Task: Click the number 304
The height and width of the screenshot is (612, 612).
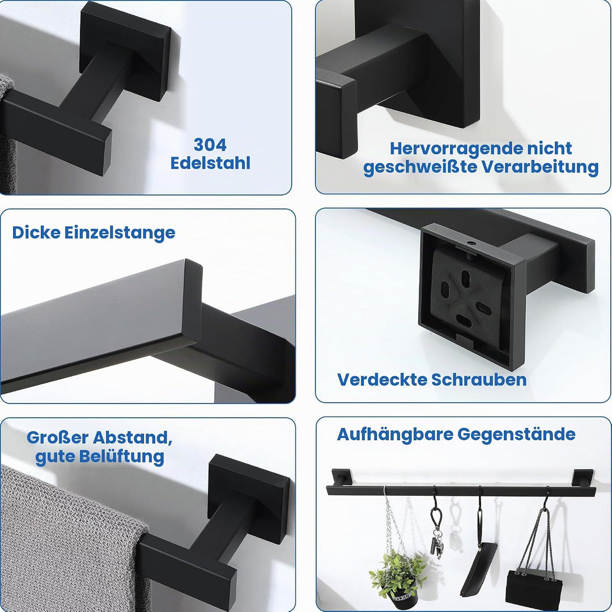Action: pos(210,145)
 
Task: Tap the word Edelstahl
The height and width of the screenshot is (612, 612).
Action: pos(210,163)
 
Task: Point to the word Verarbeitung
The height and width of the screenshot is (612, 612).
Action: pos(540,167)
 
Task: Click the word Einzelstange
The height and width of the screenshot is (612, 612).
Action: pos(120,233)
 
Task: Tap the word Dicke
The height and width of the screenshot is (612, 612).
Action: pos(36,233)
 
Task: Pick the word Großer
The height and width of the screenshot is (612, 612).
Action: pos(58,437)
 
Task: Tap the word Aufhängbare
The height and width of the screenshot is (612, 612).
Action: pos(395,435)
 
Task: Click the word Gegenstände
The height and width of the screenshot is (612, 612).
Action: pos(516,435)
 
